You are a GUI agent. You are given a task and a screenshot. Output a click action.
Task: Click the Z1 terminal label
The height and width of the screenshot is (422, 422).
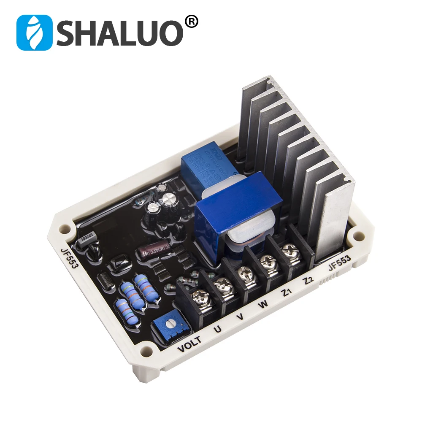tap(288, 294)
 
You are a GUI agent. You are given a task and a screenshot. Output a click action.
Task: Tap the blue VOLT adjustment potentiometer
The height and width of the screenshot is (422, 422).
tap(171, 325)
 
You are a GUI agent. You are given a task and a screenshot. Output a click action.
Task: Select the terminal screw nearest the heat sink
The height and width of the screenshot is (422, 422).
tap(288, 249)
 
